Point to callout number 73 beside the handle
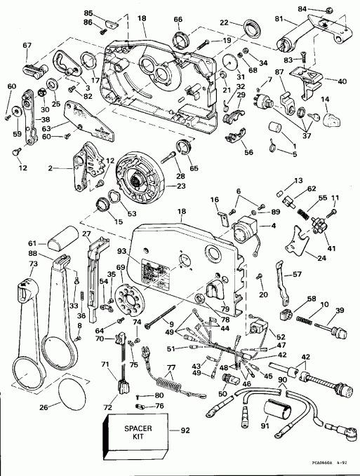click(x=13, y=263)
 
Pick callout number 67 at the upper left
click(x=27, y=46)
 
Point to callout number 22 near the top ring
click(x=225, y=23)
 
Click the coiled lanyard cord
click(x=166, y=388)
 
